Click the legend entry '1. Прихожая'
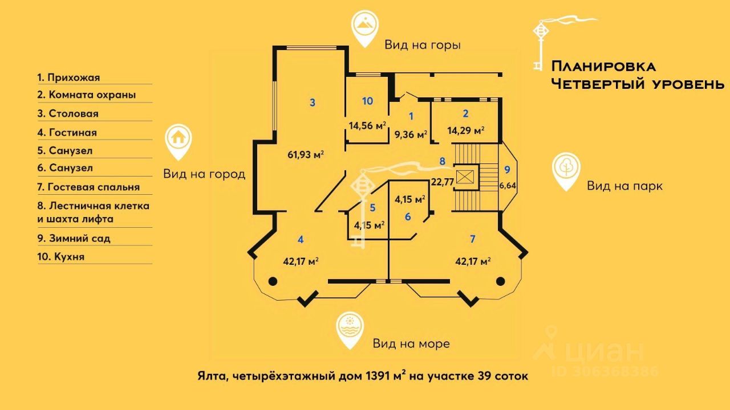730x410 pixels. tap(68, 77)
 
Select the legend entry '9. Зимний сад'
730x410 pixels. tap(74, 238)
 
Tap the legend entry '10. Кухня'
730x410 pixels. tap(61, 257)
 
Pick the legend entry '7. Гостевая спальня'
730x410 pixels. tap(88, 187)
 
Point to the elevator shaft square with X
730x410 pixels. tap(465, 177)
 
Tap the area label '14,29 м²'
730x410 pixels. tap(466, 130)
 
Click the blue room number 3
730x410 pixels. tap(313, 102)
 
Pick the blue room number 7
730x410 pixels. tap(472, 238)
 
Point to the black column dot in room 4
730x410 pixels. tap(273, 281)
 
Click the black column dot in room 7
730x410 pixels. tap(501, 281)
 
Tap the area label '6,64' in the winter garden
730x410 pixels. tap(506, 185)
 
